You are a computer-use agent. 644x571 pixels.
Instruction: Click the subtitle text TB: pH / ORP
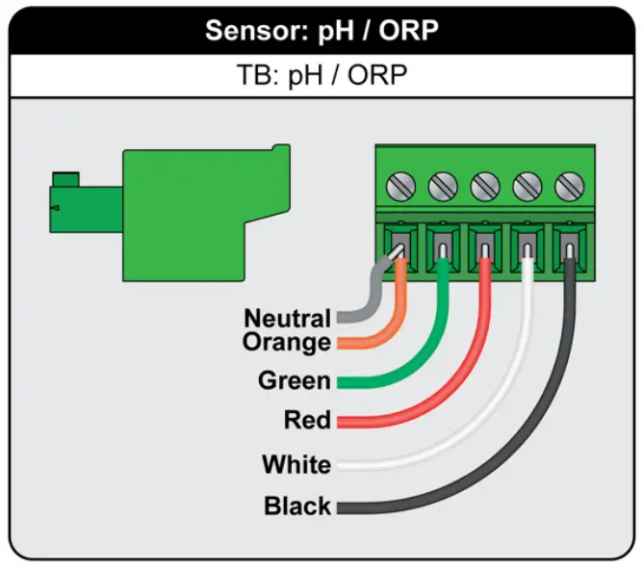click(321, 76)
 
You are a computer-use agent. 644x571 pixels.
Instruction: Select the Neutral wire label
click(287, 318)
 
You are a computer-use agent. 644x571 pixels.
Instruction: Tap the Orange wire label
click(287, 342)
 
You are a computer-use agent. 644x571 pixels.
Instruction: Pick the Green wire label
click(294, 381)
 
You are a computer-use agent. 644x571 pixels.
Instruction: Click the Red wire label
click(307, 421)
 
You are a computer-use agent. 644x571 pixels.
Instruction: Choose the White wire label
click(296, 466)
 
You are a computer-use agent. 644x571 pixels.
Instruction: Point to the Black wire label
click(297, 506)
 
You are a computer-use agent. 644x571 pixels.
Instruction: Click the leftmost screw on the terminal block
click(397, 183)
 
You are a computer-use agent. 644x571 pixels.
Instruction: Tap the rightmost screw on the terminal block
click(572, 183)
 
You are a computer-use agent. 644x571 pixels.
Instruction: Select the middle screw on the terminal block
click(484, 183)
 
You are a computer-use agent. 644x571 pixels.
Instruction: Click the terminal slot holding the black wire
click(572, 243)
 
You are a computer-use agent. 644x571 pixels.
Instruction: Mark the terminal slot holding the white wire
click(528, 243)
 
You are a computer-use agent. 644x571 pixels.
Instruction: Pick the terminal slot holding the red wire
click(484, 243)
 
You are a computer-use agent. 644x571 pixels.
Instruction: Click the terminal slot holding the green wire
click(441, 243)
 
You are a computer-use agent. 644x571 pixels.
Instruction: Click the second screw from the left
click(441, 183)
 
